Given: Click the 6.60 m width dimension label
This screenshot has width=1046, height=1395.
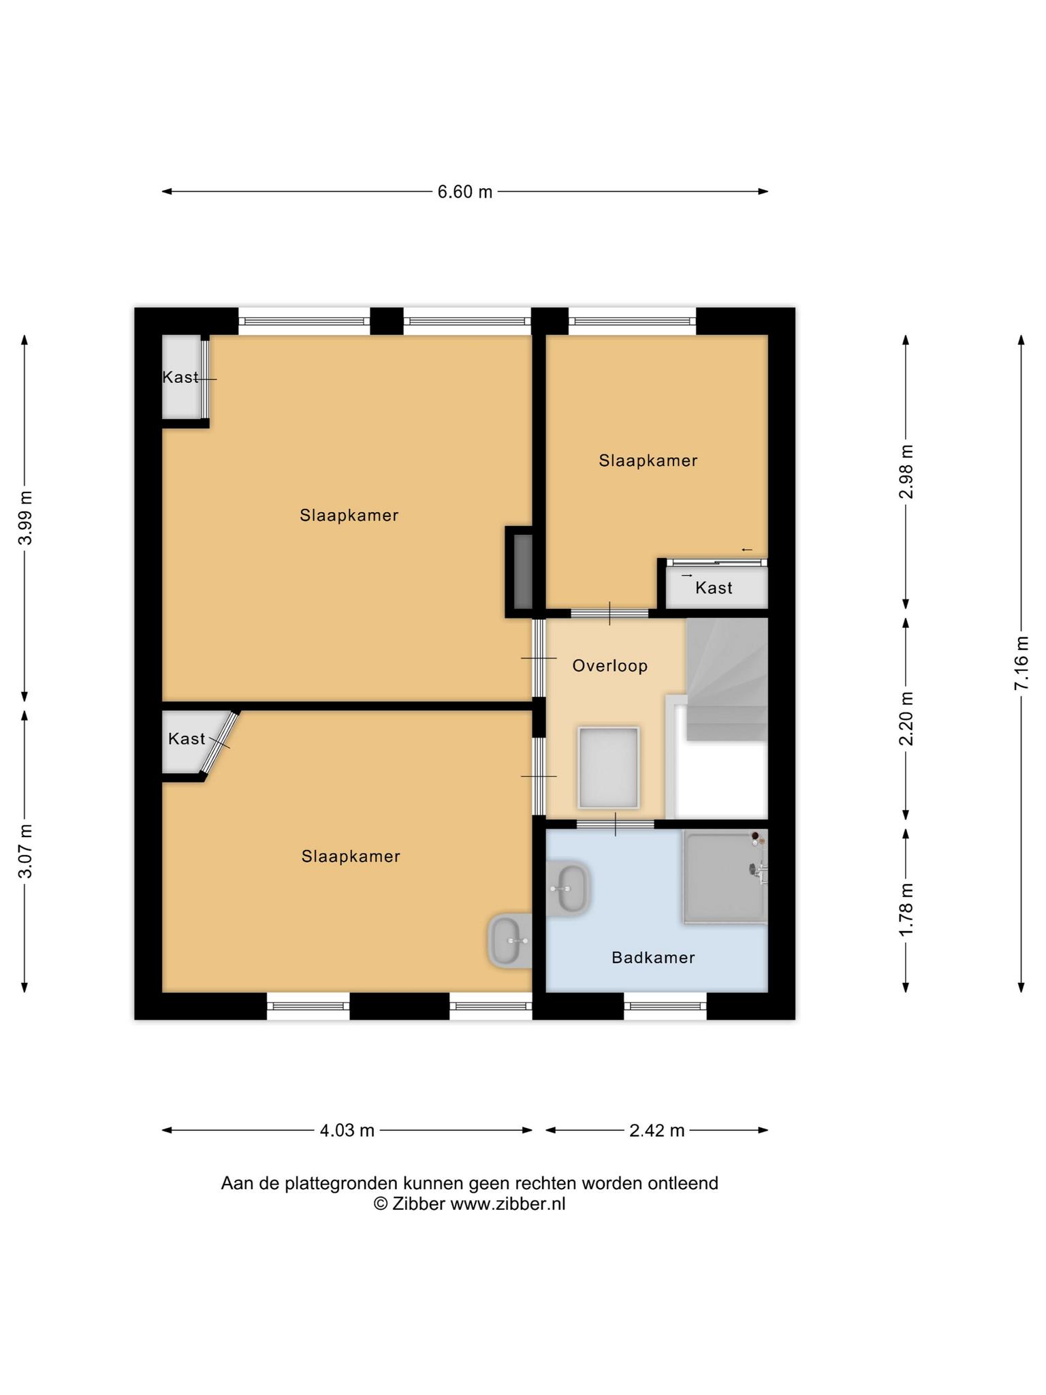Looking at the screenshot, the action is (x=464, y=192).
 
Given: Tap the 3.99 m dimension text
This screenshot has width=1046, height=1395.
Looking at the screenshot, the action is (x=25, y=518).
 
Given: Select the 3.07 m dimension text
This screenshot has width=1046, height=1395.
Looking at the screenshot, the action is (x=25, y=851).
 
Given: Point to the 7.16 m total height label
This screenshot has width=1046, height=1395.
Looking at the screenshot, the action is (x=1021, y=663).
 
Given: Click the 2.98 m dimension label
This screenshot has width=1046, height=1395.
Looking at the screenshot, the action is (x=906, y=471).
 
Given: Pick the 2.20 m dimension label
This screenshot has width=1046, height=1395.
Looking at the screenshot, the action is (x=906, y=718).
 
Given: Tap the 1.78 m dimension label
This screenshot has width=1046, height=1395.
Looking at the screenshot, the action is (x=906, y=909).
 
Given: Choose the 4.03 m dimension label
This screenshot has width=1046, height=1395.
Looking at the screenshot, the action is (x=347, y=1131).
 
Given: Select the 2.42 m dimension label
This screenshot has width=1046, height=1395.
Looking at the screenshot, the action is (x=657, y=1131).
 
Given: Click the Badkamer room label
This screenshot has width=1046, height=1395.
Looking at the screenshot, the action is (x=653, y=958).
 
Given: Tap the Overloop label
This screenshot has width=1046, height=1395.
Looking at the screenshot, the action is (x=609, y=665).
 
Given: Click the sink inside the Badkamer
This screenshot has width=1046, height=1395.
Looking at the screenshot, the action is (x=568, y=889).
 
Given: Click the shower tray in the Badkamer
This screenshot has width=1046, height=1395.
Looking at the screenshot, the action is (x=725, y=877).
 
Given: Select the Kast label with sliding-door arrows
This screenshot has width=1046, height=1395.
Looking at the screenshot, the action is (x=714, y=588).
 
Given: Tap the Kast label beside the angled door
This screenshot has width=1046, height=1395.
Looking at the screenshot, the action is (x=187, y=738).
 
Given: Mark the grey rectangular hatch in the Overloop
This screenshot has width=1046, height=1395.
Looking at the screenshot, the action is (x=609, y=768).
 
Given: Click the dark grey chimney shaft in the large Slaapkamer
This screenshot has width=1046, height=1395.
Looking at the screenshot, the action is (x=522, y=572).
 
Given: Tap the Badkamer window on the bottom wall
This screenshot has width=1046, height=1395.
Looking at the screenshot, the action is (x=665, y=1006).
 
